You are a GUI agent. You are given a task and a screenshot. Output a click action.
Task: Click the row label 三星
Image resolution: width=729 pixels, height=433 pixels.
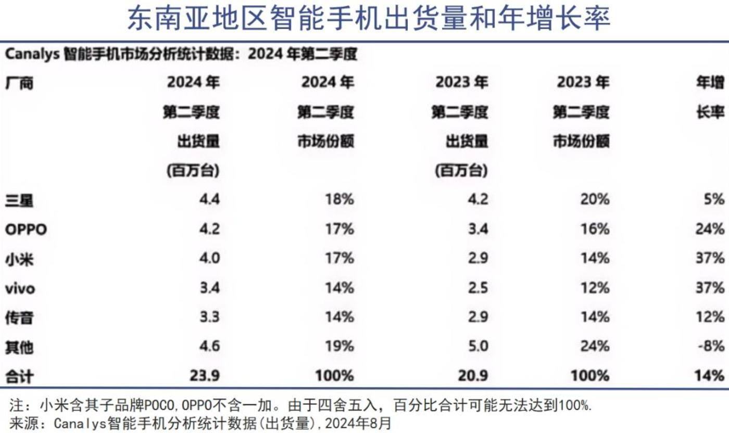[19, 200]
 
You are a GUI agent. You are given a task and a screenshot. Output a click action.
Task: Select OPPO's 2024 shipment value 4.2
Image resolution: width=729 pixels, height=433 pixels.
[209, 229]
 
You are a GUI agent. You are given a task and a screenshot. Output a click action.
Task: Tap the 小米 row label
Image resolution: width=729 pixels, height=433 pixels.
[19, 259]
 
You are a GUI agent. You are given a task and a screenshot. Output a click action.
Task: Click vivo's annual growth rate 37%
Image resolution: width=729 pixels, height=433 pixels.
[710, 288]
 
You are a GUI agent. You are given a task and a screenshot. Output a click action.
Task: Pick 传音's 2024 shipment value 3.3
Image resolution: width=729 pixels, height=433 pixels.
[209, 317]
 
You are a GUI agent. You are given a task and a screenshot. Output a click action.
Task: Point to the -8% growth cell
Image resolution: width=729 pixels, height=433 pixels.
[710, 346]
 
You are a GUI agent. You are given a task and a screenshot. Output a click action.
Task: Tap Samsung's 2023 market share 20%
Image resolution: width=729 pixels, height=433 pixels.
[595, 199]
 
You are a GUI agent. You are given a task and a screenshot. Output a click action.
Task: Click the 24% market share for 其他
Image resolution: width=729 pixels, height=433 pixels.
[595, 346]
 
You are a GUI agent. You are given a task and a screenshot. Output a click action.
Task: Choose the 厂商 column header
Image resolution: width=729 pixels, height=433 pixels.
[19, 83]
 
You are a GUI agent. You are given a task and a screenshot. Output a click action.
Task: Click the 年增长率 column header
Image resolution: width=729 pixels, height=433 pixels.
[711, 97]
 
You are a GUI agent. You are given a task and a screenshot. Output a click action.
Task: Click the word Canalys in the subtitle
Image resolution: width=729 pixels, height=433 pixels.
[32, 54]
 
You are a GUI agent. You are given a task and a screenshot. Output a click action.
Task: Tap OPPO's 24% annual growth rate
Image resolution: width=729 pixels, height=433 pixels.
[710, 229]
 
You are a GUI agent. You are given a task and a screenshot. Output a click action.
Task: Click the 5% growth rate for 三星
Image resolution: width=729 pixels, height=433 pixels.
[713, 199]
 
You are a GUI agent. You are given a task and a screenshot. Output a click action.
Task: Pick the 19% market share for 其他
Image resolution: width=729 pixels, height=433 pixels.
[340, 346]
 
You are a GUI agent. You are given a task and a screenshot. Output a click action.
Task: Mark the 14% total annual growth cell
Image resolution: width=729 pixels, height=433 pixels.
[710, 375]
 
